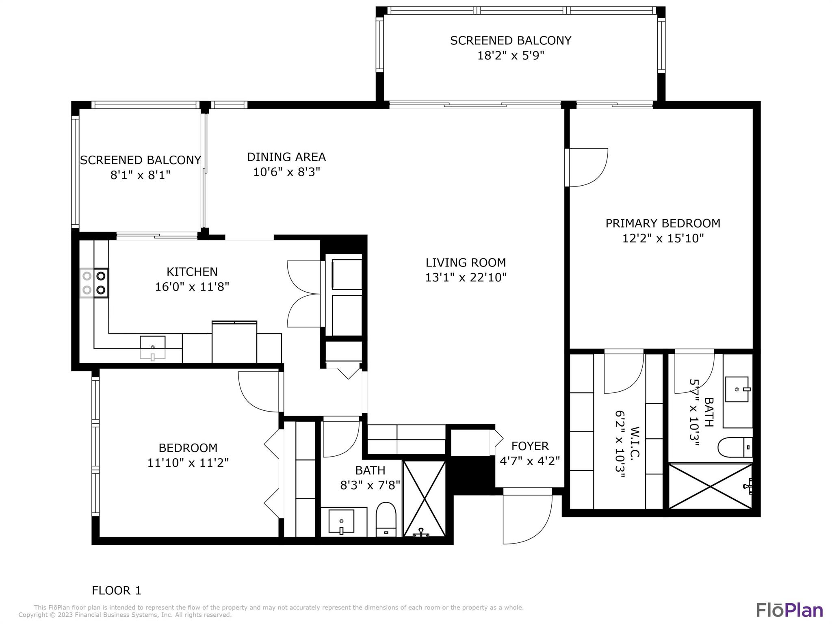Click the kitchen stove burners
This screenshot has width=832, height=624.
(x=94, y=283)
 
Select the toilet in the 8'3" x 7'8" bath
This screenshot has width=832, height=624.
(x=386, y=520)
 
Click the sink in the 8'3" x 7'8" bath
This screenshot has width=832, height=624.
(x=341, y=522)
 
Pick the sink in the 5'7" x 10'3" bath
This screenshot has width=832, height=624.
(x=737, y=389)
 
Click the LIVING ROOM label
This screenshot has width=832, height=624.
(x=466, y=262)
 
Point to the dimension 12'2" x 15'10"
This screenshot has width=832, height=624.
(x=663, y=238)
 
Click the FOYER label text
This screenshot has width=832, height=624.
(x=530, y=446)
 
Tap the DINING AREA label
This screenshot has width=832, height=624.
(x=286, y=157)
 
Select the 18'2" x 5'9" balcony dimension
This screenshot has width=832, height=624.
(x=510, y=55)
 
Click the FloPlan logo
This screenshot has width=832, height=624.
(x=789, y=610)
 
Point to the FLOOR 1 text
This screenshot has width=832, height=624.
(x=116, y=590)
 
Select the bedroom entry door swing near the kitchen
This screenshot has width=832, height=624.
(x=259, y=391)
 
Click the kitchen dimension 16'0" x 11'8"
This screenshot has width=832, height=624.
(x=192, y=287)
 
